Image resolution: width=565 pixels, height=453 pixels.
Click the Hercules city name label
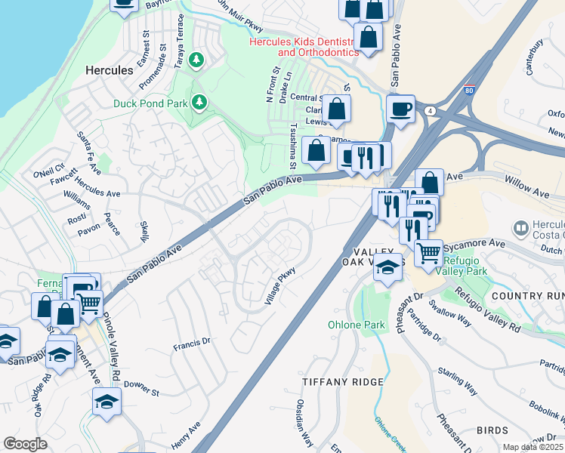[108, 69]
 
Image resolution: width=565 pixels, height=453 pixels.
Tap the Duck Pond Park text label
[151, 103]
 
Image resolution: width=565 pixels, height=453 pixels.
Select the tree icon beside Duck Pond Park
[199, 101]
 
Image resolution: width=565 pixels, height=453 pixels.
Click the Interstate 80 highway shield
[469, 90]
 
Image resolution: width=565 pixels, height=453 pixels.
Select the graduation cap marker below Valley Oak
[387, 267]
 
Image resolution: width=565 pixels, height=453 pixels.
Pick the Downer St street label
[141, 392]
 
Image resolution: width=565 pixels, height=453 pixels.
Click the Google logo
[25, 444]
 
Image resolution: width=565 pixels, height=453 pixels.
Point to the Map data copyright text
[533, 447]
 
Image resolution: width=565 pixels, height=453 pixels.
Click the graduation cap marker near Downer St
[107, 402]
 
